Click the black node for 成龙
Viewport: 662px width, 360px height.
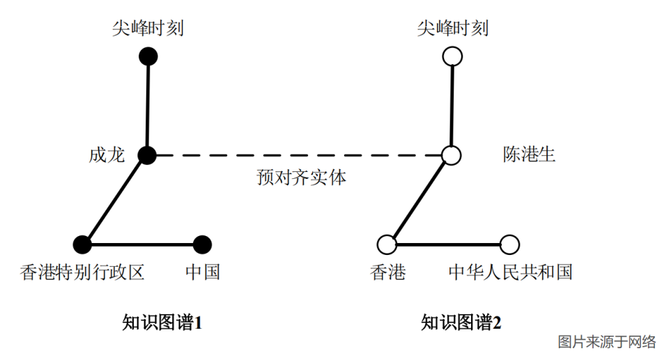[x=147, y=155]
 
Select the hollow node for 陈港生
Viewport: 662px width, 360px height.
[x=452, y=155]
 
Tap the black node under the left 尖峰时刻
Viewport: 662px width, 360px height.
[x=148, y=56]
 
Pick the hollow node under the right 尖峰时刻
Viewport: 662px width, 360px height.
[x=453, y=56]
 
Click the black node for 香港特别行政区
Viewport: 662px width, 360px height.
[x=83, y=244]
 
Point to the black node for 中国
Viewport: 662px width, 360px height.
[x=202, y=244]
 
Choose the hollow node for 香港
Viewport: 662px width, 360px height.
[x=387, y=244]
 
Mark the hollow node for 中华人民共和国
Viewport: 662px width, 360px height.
[x=509, y=244]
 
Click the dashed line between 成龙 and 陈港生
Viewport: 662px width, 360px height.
[x=300, y=155]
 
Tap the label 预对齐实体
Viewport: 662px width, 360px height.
[x=300, y=178]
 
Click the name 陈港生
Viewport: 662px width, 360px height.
[x=529, y=154]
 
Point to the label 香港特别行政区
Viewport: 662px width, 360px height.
[x=82, y=272]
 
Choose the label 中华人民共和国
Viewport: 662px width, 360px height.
[x=510, y=272]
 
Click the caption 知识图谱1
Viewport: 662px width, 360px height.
[x=162, y=322]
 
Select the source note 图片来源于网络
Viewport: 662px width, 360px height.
[x=606, y=342]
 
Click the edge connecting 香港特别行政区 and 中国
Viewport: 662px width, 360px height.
[x=143, y=244]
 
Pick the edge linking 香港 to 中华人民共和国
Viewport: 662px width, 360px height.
[x=448, y=244]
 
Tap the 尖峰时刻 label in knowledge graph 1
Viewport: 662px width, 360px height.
[x=148, y=29]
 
